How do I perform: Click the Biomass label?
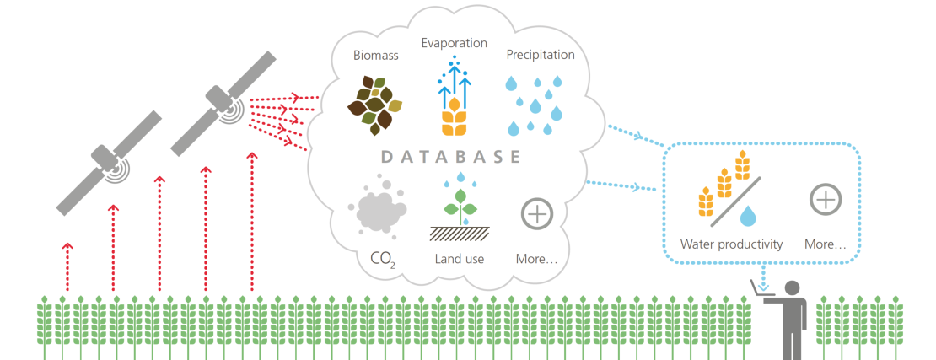click(x=375, y=56)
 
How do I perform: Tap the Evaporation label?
click(x=454, y=43)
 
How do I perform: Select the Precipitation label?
click(x=541, y=55)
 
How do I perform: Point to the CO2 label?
click(x=382, y=259)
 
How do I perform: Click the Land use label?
click(x=459, y=259)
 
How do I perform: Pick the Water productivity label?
click(x=732, y=244)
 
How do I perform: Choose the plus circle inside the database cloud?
click(x=536, y=213)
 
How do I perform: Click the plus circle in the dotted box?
click(x=826, y=200)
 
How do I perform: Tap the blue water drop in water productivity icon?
click(x=746, y=218)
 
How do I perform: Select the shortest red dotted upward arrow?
click(x=68, y=268)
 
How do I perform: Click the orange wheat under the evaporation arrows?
click(x=454, y=118)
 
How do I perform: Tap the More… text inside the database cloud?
click(x=536, y=259)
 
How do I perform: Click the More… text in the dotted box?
click(x=825, y=244)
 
